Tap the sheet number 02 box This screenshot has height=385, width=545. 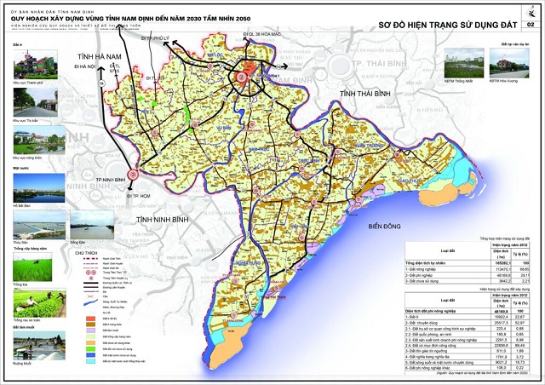click(x=531, y=26)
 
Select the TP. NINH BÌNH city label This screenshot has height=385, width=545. click(x=112, y=181)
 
